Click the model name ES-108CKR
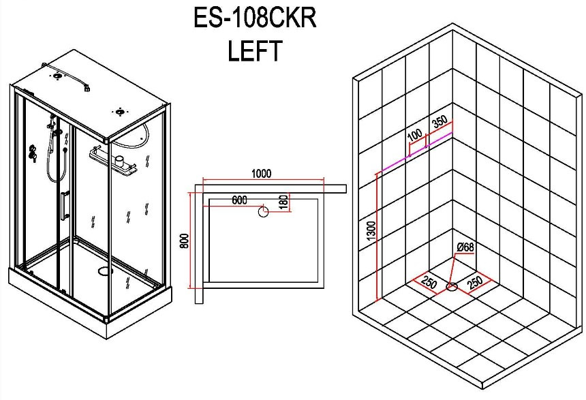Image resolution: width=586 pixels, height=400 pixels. click(x=255, y=18)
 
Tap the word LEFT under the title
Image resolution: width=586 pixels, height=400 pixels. click(x=254, y=51)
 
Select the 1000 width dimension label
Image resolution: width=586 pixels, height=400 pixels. click(x=261, y=174)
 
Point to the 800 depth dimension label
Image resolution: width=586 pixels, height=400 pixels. click(x=183, y=241)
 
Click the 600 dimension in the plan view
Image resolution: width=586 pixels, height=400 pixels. click(x=239, y=200)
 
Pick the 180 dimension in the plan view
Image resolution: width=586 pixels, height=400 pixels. click(x=284, y=202)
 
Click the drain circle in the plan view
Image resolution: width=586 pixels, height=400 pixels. click(x=264, y=212)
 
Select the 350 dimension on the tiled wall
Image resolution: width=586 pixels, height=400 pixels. click(x=439, y=121)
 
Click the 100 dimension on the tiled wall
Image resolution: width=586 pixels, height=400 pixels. click(x=414, y=134)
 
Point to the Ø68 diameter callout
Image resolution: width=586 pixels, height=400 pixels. click(x=465, y=247)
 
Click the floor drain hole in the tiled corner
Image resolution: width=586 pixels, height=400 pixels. click(x=452, y=287)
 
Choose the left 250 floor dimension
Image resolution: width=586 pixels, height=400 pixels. click(x=429, y=283)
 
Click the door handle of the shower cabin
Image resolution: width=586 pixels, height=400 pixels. click(x=64, y=204)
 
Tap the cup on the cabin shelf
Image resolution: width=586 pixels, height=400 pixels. click(x=119, y=161)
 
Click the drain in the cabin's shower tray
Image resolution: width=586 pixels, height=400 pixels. click(x=105, y=271)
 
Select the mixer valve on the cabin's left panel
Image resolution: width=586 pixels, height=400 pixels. click(x=32, y=153)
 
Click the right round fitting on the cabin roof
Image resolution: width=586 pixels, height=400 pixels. click(x=120, y=111)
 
